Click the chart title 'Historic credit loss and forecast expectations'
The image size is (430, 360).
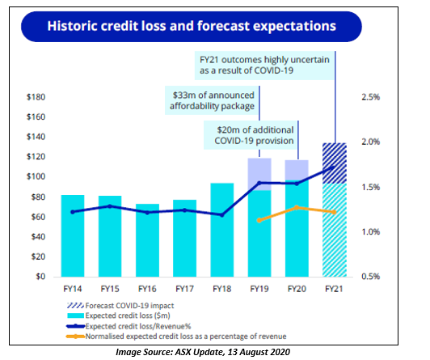point(192,26)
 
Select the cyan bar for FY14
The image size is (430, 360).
point(73,235)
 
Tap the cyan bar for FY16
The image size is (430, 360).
point(147,240)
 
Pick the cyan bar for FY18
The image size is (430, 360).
point(222,230)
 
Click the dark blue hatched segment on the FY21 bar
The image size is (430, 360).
point(335,163)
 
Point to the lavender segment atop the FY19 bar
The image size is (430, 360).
point(259,174)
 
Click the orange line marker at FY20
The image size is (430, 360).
point(297,207)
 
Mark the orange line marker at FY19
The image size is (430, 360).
point(259,220)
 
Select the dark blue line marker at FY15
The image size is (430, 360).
point(110,206)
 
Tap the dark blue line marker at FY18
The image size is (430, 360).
point(222,215)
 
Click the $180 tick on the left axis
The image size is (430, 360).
point(36,97)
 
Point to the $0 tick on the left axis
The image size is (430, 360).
point(40,277)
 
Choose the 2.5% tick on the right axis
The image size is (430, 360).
point(371,97)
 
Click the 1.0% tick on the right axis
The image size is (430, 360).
point(371,232)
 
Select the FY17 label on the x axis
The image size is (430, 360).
point(184,289)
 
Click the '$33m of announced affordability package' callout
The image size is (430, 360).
point(212,100)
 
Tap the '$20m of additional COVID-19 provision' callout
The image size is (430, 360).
point(251,135)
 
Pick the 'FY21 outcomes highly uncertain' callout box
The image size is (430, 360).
point(264,66)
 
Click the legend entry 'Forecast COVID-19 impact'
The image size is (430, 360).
point(120,306)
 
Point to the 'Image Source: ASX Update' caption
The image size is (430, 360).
point(203,352)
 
